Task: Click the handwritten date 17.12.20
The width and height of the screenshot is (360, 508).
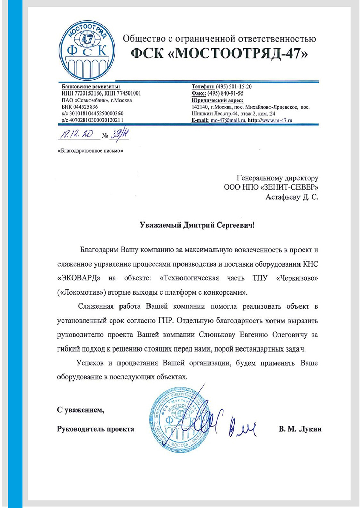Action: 76,135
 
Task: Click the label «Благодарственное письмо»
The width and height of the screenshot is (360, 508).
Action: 91,151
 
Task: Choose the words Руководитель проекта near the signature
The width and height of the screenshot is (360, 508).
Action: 96,429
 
